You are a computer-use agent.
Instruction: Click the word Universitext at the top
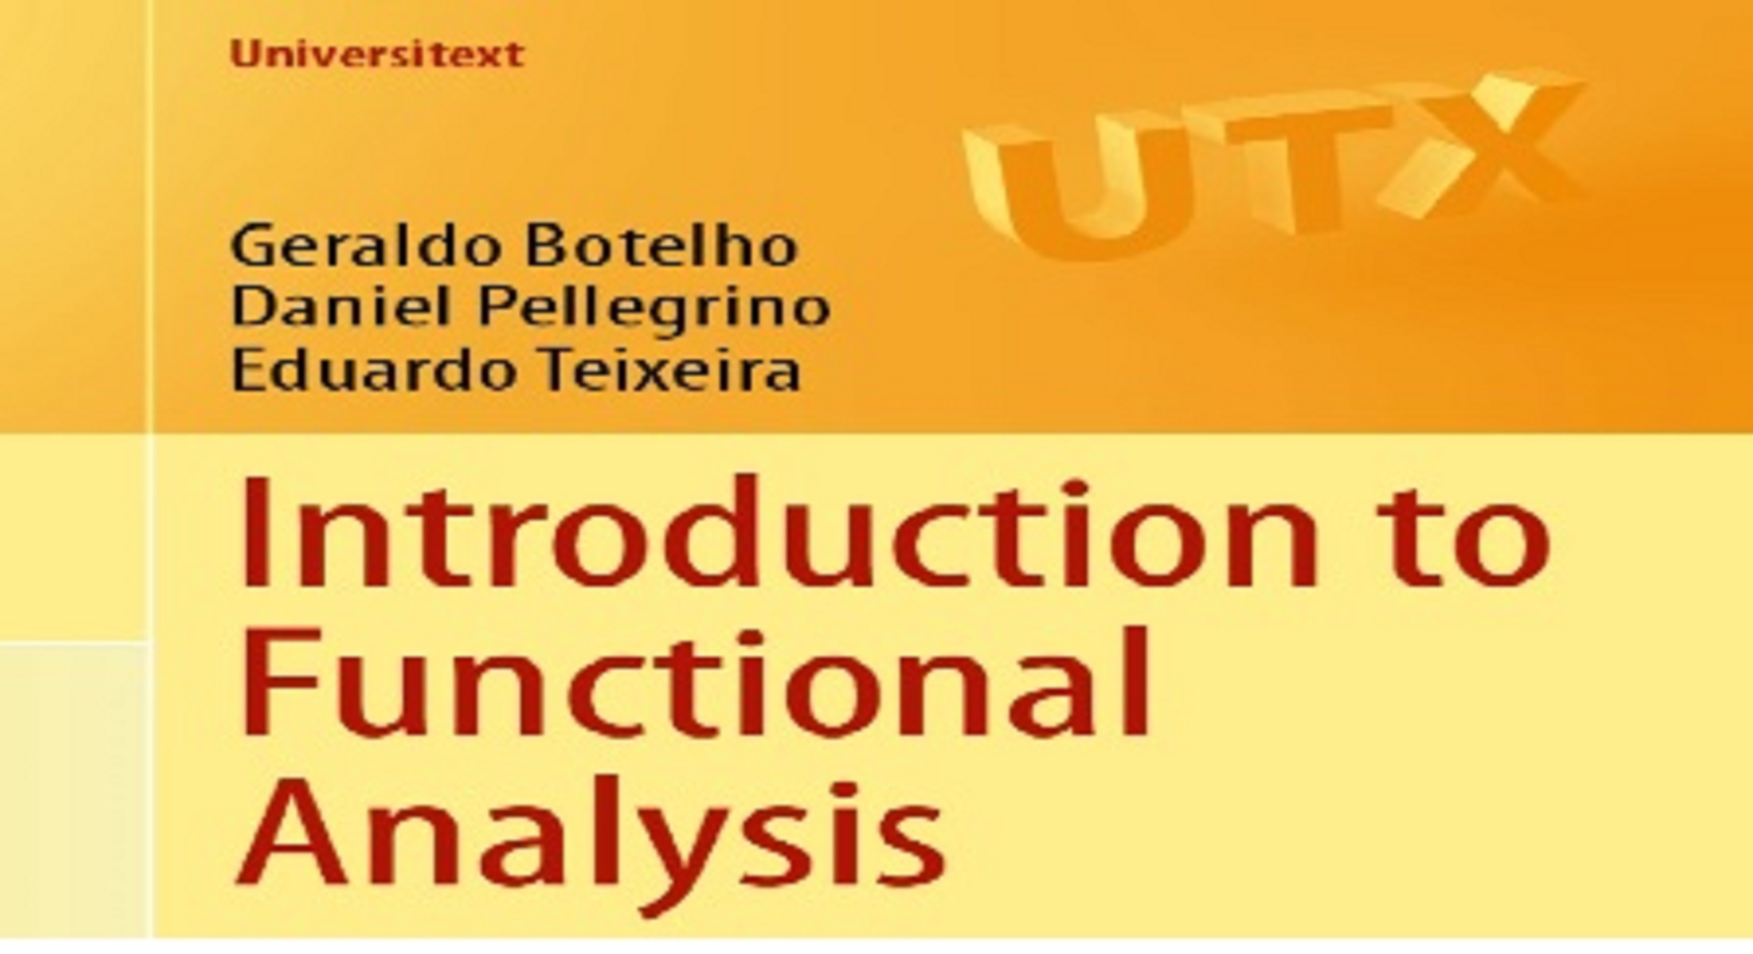click(x=377, y=54)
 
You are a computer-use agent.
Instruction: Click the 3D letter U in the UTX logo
click(x=1079, y=186)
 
